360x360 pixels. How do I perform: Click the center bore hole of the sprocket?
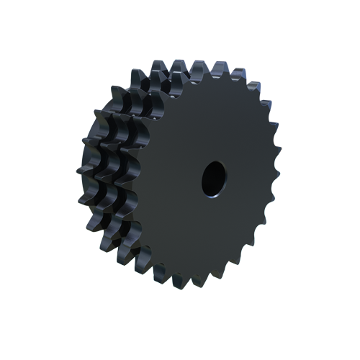click(212, 177)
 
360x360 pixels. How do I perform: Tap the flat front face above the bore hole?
click(209, 122)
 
